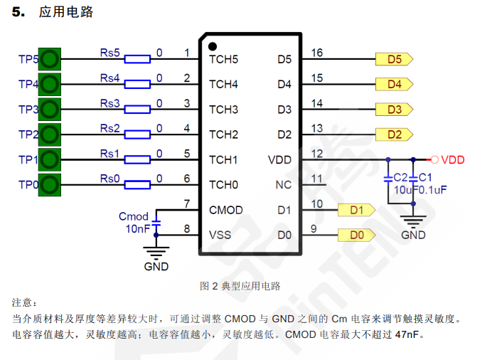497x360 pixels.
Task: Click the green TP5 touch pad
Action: [49, 60]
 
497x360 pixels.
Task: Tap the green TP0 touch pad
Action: [49, 185]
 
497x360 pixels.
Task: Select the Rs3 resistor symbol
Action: [138, 110]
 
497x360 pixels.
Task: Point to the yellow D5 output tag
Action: [394, 60]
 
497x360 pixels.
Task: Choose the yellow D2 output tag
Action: [394, 134]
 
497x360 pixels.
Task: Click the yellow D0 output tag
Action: [357, 235]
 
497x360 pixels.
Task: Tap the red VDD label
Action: [453, 160]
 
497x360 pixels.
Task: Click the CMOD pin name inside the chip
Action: [226, 210]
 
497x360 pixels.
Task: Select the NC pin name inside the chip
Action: [284, 185]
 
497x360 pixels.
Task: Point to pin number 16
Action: [317, 53]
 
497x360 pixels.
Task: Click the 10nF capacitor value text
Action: [138, 229]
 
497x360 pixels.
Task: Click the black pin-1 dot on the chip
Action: [212, 46]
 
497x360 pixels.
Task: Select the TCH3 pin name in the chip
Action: [223, 110]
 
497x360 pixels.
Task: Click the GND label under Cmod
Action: [156, 267]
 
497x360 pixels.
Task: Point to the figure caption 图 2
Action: [209, 286]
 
